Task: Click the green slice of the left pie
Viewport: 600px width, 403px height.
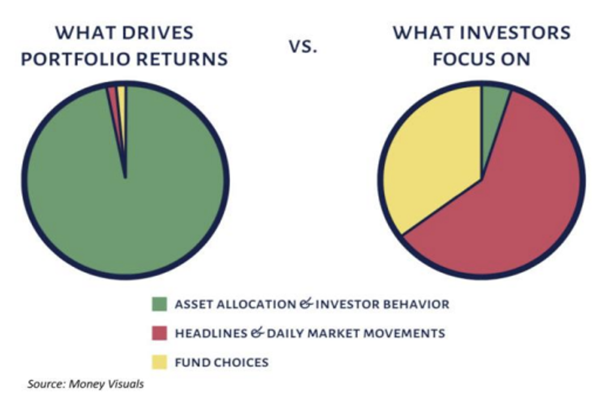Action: click(126, 199)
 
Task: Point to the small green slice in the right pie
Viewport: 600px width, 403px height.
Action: click(492, 111)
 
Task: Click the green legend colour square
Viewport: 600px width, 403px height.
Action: click(159, 305)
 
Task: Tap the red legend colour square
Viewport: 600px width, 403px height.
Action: click(159, 333)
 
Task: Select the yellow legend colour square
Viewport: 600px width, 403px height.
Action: click(159, 362)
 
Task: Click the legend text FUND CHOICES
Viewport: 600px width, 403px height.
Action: click(221, 362)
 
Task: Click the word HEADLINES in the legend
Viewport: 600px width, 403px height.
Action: click(211, 333)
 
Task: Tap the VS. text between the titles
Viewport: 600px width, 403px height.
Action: click(303, 47)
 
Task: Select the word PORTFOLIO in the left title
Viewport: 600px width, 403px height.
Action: click(76, 59)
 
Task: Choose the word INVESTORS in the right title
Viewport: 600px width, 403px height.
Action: click(515, 32)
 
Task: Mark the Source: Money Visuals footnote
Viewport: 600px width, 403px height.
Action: click(85, 384)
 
